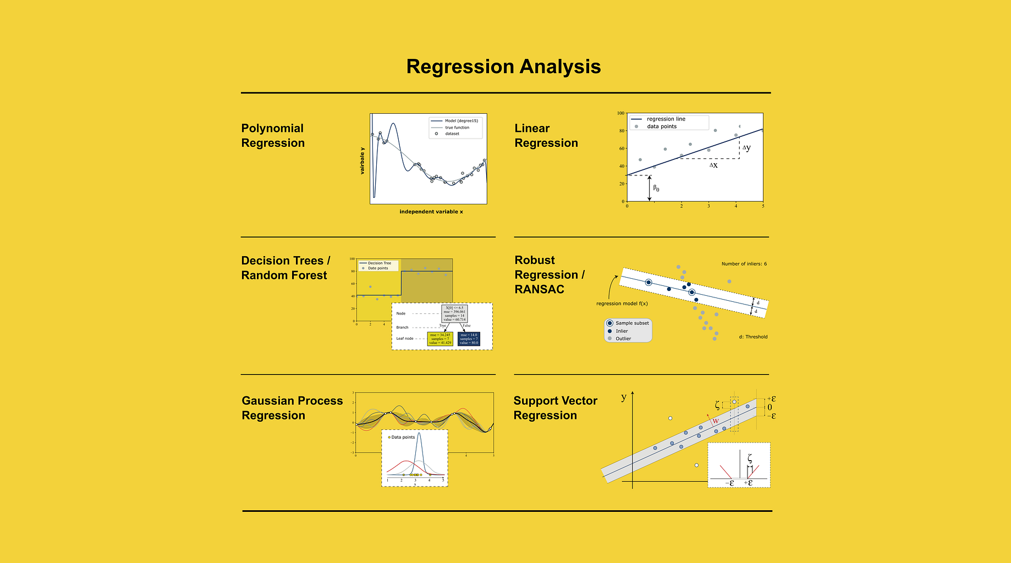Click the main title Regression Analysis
point(503,67)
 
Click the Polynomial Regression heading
point(273,135)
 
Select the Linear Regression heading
point(546,135)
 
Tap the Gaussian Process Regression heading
point(292,408)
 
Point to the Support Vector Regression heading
point(555,408)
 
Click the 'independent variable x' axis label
point(431,212)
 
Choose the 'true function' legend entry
point(457,128)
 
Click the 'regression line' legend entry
point(666,119)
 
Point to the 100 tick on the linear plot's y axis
point(620,113)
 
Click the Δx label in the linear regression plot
point(713,165)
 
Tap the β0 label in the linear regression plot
point(656,188)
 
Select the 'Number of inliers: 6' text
point(744,264)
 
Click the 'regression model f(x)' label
point(622,303)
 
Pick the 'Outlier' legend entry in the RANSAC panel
point(623,339)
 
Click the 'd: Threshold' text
point(753,337)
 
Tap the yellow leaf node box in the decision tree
point(440,339)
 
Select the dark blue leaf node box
point(469,339)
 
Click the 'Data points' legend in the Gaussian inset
point(403,438)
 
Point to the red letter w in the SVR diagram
point(716,422)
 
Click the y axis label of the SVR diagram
point(624,397)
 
